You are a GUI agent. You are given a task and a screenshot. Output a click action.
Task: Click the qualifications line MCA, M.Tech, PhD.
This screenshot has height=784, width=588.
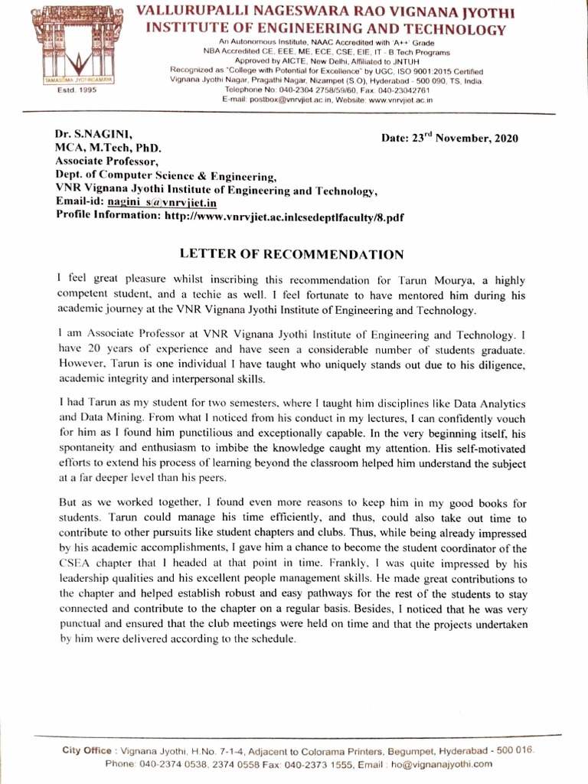click(x=108, y=147)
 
